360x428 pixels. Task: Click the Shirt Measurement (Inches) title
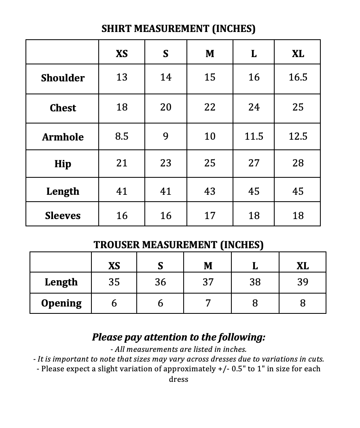click(178, 29)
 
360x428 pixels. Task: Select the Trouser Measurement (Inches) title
click(178, 245)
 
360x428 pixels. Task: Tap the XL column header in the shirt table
click(298, 53)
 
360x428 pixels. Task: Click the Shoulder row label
click(63, 78)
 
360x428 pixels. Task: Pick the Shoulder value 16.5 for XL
click(298, 77)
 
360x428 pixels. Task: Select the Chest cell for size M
click(210, 107)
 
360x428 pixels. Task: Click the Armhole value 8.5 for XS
click(122, 136)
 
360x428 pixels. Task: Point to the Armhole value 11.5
click(254, 136)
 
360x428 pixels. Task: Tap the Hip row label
click(63, 164)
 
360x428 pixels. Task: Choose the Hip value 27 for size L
click(254, 163)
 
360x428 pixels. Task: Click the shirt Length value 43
click(210, 191)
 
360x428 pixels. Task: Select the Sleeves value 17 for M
click(210, 216)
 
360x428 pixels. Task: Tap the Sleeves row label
click(63, 216)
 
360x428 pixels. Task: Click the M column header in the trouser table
click(208, 266)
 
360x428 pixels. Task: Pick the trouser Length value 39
click(303, 282)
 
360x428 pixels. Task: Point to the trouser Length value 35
click(114, 282)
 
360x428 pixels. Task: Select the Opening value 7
click(208, 303)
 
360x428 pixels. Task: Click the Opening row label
click(61, 303)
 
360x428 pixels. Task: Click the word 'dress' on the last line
click(178, 379)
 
